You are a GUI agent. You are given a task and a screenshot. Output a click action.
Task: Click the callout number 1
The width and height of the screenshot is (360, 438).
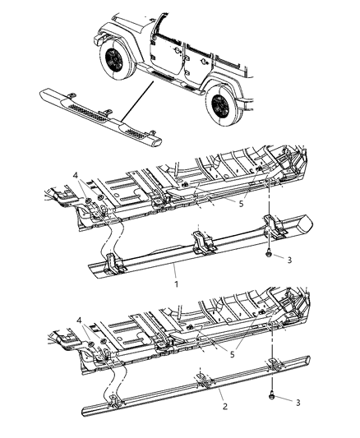click(175, 282)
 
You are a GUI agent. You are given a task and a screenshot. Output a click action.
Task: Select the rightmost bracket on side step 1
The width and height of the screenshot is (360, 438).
click(271, 225)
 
